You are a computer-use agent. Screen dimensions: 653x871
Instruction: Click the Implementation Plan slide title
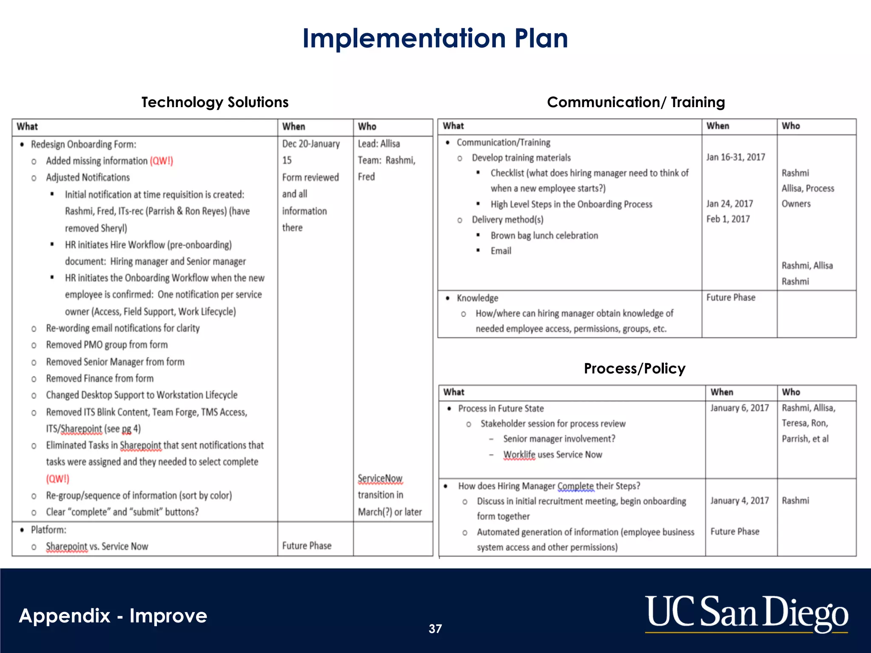pos(435,38)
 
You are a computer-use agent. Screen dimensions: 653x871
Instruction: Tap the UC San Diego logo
pos(746,613)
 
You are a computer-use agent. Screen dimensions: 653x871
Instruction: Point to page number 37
pos(435,629)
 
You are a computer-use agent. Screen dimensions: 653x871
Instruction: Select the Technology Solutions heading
pos(215,102)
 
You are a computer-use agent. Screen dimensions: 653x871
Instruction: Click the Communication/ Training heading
pos(636,102)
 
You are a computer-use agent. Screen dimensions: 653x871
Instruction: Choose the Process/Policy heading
pos(635,368)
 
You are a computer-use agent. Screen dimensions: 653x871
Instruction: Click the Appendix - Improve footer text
pos(113,616)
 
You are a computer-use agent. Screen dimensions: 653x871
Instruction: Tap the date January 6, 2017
pos(740,408)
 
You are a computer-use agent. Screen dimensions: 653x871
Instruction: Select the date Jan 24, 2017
pos(730,204)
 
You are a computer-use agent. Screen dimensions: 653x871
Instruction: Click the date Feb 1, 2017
pos(728,219)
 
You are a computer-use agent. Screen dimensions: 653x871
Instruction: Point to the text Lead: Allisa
pos(379,144)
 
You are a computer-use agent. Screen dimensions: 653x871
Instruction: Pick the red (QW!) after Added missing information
pos(161,161)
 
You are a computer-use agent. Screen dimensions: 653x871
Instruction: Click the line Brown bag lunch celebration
pos(544,236)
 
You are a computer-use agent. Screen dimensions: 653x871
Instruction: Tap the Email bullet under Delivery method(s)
pos(501,251)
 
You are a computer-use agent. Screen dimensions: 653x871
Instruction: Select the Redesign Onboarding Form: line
pos(83,144)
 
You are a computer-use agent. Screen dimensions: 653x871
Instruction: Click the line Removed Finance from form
pos(100,378)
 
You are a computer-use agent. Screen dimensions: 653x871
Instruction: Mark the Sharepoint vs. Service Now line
pos(97,546)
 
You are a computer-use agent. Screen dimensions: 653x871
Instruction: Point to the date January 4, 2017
pos(740,500)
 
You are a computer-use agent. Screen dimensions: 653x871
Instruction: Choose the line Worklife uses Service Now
pos(552,454)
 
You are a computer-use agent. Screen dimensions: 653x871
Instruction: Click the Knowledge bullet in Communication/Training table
pos(477,298)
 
